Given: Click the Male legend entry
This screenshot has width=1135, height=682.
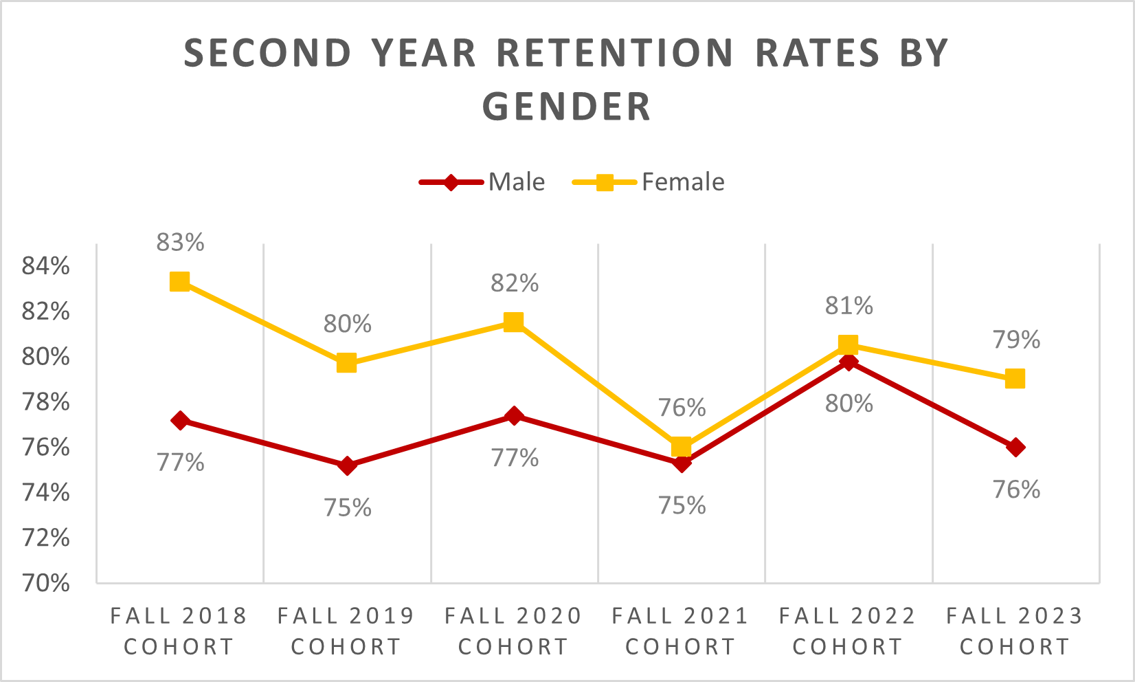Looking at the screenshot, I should [483, 182].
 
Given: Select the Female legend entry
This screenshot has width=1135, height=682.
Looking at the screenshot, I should [649, 182].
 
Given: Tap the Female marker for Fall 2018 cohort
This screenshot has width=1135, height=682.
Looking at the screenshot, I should [180, 281].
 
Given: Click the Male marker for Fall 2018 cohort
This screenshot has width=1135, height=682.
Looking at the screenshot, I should [180, 421].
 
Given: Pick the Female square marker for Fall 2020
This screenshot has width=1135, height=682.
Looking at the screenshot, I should [514, 322].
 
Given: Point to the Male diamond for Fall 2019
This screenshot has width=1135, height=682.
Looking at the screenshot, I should [347, 465].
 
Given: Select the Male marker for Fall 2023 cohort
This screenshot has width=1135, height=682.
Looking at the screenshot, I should [1015, 447].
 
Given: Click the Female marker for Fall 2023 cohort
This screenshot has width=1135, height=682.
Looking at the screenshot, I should [1015, 379].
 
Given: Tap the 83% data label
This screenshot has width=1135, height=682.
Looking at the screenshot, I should [180, 243].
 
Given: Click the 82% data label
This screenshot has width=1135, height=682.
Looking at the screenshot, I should [514, 283].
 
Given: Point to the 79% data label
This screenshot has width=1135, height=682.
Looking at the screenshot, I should [1016, 340].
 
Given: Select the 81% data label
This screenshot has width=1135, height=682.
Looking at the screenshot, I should [849, 306].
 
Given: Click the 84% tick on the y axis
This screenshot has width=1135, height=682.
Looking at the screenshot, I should [46, 266].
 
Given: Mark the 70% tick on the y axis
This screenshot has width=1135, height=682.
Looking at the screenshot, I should [46, 583].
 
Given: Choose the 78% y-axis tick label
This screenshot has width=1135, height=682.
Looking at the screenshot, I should [46, 401].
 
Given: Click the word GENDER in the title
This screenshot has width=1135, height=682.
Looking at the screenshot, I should [567, 107].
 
